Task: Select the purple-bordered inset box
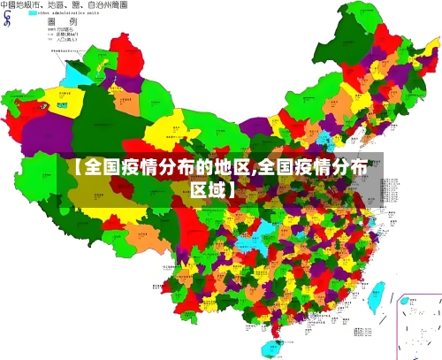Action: tap(419, 326)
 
